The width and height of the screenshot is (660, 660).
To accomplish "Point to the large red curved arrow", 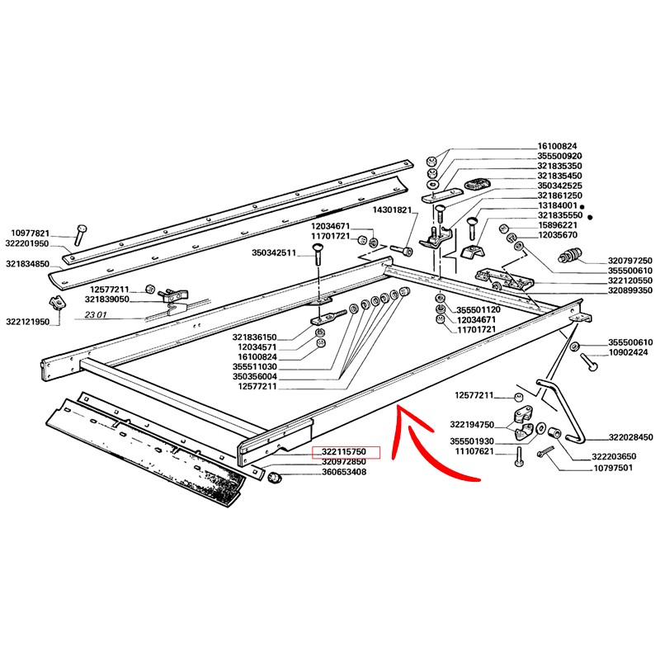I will click(429, 445).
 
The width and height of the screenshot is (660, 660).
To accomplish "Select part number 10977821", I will click(31, 233).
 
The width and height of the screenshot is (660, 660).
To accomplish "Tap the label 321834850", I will click(28, 265).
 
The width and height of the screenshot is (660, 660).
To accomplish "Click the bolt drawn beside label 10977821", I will click(78, 234).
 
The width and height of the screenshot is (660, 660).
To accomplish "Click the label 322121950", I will click(28, 321).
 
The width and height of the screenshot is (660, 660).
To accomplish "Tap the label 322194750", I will click(473, 424).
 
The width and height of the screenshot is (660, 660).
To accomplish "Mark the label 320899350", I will click(630, 290).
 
